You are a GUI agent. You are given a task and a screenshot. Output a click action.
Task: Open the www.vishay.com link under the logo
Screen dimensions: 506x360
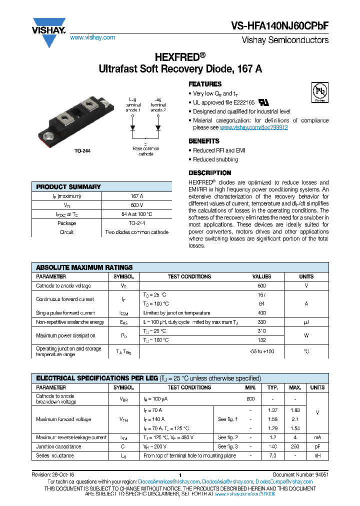(92, 37)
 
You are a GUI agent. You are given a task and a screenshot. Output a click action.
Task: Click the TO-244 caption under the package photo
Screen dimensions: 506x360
(82, 150)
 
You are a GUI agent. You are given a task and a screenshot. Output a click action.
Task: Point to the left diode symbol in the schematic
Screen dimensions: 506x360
(133, 127)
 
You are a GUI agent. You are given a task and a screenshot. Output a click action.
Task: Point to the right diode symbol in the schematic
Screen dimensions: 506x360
(158, 127)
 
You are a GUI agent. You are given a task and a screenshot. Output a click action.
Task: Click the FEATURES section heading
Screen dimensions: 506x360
(205, 84)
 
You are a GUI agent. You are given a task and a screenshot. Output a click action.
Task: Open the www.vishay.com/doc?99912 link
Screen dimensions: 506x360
(253, 127)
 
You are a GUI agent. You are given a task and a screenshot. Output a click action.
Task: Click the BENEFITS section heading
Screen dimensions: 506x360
(203, 141)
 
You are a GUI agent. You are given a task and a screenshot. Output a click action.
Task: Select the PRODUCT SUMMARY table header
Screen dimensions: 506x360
(68, 186)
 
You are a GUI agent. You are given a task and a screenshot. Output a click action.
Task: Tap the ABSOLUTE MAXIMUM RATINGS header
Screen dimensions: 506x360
(84, 267)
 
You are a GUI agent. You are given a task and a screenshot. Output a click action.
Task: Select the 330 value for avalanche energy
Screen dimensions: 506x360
(261, 322)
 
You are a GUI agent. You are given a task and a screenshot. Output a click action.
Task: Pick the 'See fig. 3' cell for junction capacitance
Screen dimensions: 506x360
(227, 446)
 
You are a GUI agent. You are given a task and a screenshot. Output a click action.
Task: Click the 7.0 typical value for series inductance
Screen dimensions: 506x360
(272, 455)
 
